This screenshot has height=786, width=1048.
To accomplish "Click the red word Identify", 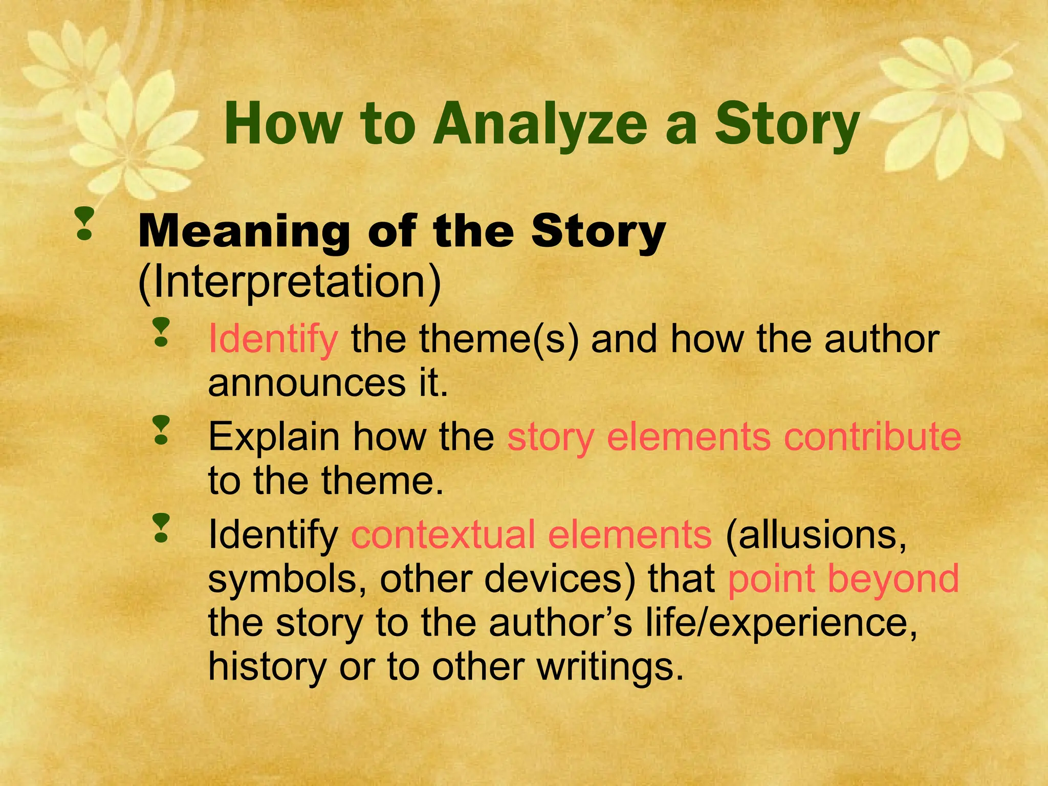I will pos(273,340).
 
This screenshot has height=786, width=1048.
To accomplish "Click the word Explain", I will pos(274,438).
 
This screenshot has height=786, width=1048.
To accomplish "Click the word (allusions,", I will pos(816,535).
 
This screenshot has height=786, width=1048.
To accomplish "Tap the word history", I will pos(267,667).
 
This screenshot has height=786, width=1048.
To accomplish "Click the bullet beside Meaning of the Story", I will pos(84,224).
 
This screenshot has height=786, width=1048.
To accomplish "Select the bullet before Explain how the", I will pos(161,430).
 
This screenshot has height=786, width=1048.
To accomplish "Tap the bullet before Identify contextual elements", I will pos(161,529).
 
